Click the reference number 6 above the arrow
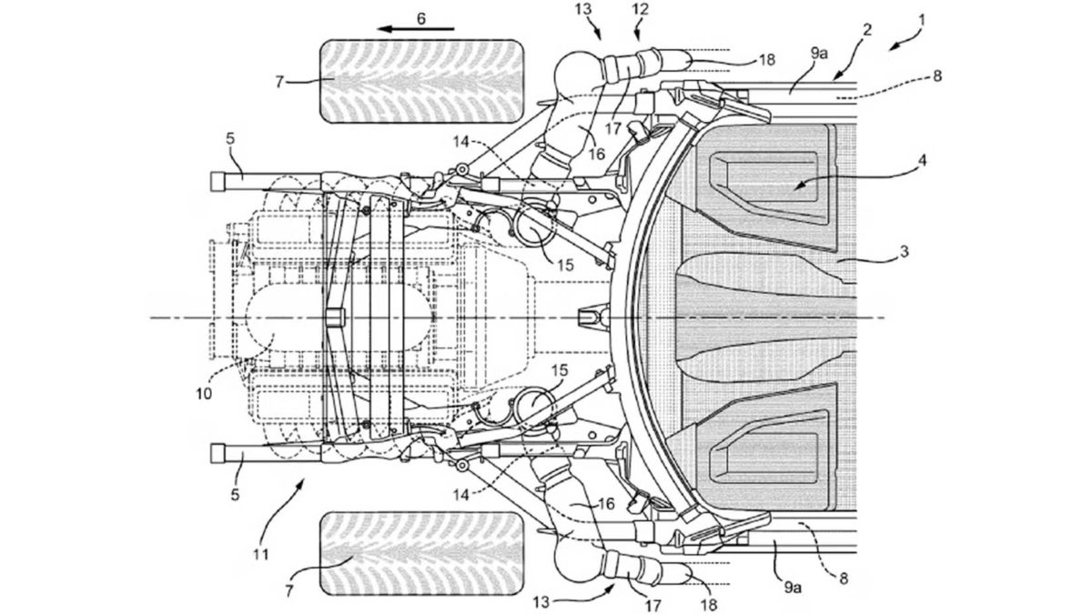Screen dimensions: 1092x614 click(421, 18)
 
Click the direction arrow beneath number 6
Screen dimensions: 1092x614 click(416, 29)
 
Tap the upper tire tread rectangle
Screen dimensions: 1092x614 click(421, 81)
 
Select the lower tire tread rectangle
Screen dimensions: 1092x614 click(421, 553)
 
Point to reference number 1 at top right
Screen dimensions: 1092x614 click(922, 20)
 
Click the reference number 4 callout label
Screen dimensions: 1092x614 click(922, 160)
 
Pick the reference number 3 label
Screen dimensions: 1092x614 click(904, 251)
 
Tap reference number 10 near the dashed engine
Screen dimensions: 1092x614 click(204, 393)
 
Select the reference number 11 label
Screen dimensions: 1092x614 click(261, 554)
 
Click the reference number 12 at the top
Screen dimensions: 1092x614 click(641, 9)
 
